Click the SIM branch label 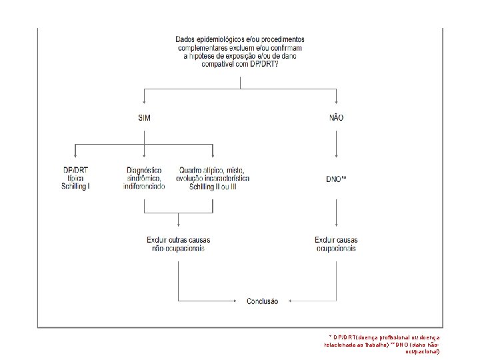(x=143, y=118)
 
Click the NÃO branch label (x=336, y=118)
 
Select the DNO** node (x=335, y=179)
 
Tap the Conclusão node (x=263, y=301)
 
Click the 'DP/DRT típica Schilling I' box (x=75, y=179)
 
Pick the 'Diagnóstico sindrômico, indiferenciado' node (x=144, y=179)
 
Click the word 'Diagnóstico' (x=144, y=171)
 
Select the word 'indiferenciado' (x=144, y=187)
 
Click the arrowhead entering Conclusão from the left (x=238, y=301)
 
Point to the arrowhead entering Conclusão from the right (x=289, y=301)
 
